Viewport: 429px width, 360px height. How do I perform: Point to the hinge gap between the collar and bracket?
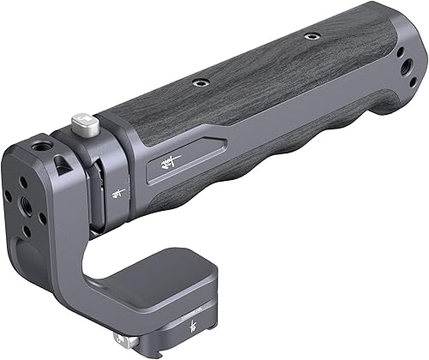click(97, 197)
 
